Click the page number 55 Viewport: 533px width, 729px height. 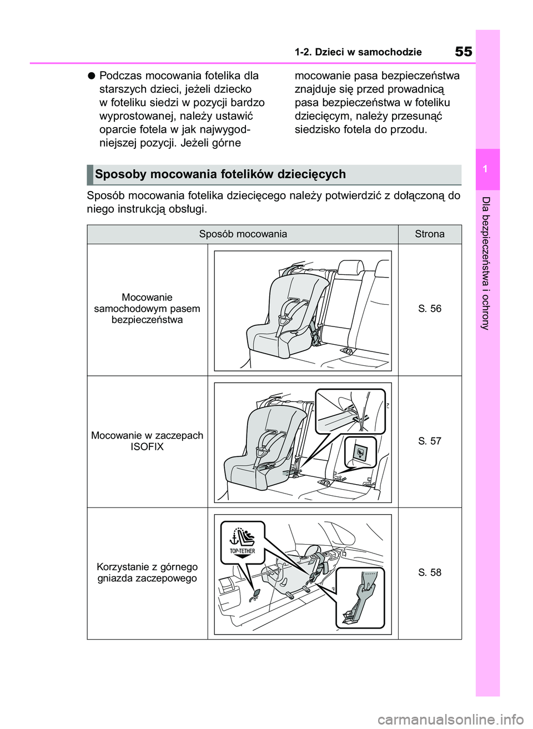pyautogui.click(x=463, y=52)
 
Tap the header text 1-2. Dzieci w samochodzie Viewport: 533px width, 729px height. pyautogui.click(x=358, y=52)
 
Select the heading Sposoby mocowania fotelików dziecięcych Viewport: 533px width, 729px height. pyautogui.click(x=220, y=174)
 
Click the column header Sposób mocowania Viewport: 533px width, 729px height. pyautogui.click(x=243, y=234)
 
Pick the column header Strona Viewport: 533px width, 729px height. pyautogui.click(x=429, y=234)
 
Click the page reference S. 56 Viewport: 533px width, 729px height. pyautogui.click(x=429, y=309)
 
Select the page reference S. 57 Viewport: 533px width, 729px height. pyautogui.click(x=429, y=441)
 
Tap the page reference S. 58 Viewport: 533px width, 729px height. pyautogui.click(x=429, y=572)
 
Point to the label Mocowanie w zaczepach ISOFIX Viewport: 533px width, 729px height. pyautogui.click(x=147, y=441)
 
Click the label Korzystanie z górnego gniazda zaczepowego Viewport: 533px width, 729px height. pyautogui.click(x=147, y=572)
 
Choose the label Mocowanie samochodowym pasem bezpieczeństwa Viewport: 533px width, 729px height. pyautogui.click(x=147, y=309)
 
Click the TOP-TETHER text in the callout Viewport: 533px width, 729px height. pyautogui.click(x=243, y=551)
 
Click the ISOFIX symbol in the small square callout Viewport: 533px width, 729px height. pyautogui.click(x=359, y=453)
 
